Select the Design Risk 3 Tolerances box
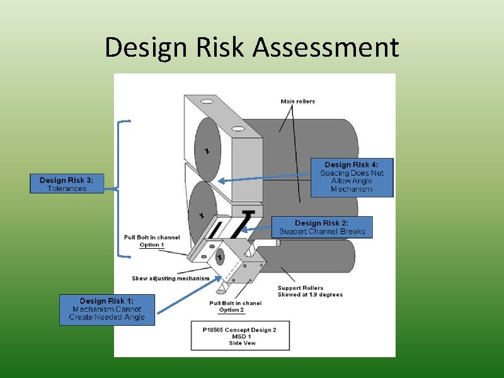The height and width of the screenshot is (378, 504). click(x=67, y=184)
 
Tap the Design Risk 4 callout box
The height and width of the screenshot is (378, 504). click(x=352, y=177)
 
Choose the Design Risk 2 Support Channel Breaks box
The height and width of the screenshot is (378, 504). click(x=322, y=227)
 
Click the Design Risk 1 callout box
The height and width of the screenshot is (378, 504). click(x=106, y=309)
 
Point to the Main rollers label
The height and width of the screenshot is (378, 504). click(x=297, y=101)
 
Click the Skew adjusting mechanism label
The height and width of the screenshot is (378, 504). click(x=170, y=278)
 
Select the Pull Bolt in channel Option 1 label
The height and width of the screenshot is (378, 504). click(x=152, y=241)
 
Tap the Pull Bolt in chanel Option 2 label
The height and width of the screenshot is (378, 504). click(x=235, y=306)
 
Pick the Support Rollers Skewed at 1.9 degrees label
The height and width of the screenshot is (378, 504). click(x=309, y=291)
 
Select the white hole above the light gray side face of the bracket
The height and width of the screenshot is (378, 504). click(x=238, y=129)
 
